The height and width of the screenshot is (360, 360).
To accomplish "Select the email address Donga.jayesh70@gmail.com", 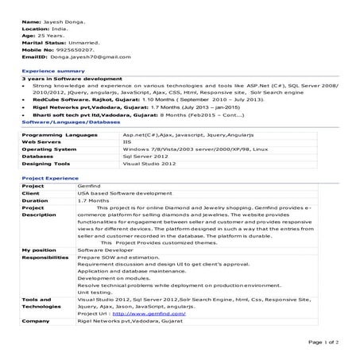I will [87, 58].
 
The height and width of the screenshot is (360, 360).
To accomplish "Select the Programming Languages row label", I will [55, 136].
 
